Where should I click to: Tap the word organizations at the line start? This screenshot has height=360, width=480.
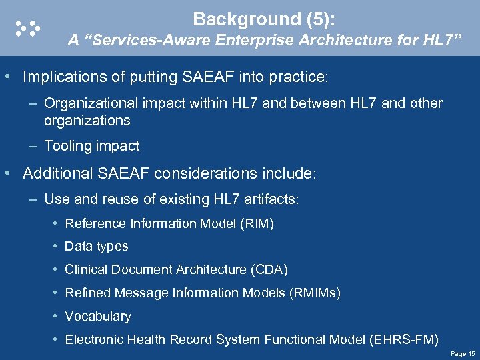pos(87,121)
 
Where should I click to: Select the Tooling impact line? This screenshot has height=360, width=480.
pos(92,146)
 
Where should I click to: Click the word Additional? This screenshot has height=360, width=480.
pos(55,174)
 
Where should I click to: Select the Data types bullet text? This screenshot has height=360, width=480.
pos(96,247)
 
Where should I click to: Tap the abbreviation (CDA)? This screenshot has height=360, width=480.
pos(269,270)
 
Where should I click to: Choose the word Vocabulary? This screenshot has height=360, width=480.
pos(97,317)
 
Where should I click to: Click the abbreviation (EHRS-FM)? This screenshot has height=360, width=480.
pos(403,340)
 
